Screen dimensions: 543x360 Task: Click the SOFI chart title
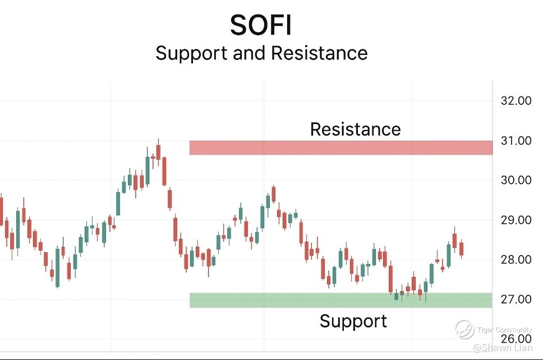click(261, 25)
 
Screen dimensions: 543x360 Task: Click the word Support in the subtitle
click(191, 53)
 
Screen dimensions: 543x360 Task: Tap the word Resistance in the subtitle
click(319, 53)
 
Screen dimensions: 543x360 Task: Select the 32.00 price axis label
click(516, 101)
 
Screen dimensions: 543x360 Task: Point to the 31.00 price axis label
click(516, 141)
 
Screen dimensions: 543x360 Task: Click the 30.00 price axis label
click(516, 180)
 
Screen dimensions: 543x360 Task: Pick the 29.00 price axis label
click(516, 220)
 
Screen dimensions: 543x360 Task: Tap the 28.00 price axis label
click(516, 259)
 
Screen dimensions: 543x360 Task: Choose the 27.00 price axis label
click(516, 299)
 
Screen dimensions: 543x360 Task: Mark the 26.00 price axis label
click(516, 339)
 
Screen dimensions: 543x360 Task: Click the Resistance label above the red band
click(355, 129)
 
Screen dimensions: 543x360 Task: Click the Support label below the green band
click(353, 321)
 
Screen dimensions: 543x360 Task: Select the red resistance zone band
click(340, 147)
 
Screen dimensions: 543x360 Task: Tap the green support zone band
click(340, 300)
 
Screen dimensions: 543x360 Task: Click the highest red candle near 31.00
click(159, 153)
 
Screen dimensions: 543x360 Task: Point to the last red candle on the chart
click(461, 249)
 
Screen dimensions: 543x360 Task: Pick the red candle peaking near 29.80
click(274, 194)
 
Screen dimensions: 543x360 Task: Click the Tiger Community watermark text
click(504, 330)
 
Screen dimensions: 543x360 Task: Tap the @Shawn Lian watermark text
click(503, 347)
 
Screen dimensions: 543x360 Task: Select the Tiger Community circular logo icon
click(464, 329)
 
